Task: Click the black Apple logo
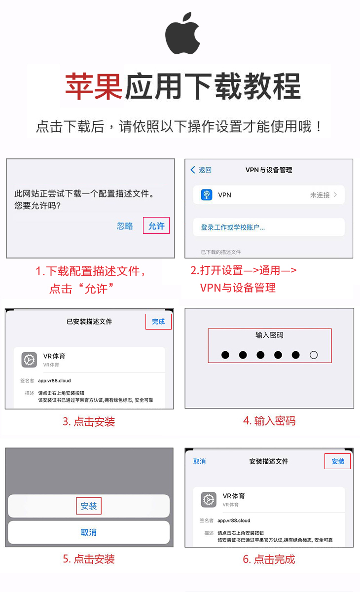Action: (x=182, y=34)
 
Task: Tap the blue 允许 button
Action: (x=156, y=226)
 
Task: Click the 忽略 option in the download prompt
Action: (x=125, y=226)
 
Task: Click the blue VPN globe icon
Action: (x=207, y=195)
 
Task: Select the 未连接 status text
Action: (x=320, y=195)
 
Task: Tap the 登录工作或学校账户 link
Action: (x=233, y=227)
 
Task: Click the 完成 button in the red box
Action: (x=158, y=322)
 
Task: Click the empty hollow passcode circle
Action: (x=314, y=355)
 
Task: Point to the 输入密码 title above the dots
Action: (x=269, y=335)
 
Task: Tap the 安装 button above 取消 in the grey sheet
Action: (x=88, y=506)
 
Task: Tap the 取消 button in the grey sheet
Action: (x=88, y=532)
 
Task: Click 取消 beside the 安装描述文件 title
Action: (x=199, y=461)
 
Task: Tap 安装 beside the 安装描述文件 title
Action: (x=338, y=461)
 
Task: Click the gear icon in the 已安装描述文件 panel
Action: (x=29, y=360)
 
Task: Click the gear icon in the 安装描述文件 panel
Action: (x=209, y=500)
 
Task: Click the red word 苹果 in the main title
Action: (x=94, y=86)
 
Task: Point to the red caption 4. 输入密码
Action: (x=269, y=421)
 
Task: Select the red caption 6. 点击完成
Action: (x=269, y=559)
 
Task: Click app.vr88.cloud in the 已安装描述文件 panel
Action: (x=54, y=380)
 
